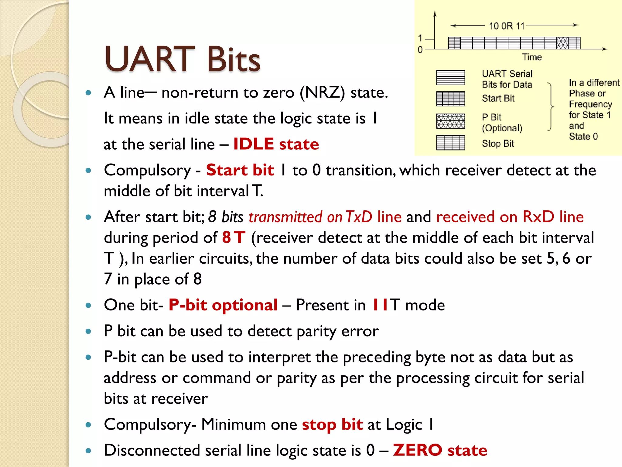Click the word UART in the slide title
(x=149, y=59)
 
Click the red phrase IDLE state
(x=276, y=144)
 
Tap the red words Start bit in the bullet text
(x=240, y=170)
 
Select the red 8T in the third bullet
(x=233, y=237)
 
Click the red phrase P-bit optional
(x=223, y=305)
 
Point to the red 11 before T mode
(x=380, y=305)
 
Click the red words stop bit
(x=332, y=424)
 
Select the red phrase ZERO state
(x=440, y=450)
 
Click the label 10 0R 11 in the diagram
(x=507, y=26)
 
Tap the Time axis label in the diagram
(x=532, y=57)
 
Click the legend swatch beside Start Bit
(x=450, y=99)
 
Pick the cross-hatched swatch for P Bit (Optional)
(x=450, y=121)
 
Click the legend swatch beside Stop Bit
(x=450, y=143)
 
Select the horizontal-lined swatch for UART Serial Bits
(x=450, y=78)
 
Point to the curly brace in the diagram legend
(x=550, y=107)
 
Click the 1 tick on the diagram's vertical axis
(x=420, y=38)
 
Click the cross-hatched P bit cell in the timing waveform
(x=562, y=43)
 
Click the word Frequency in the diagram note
(x=590, y=104)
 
